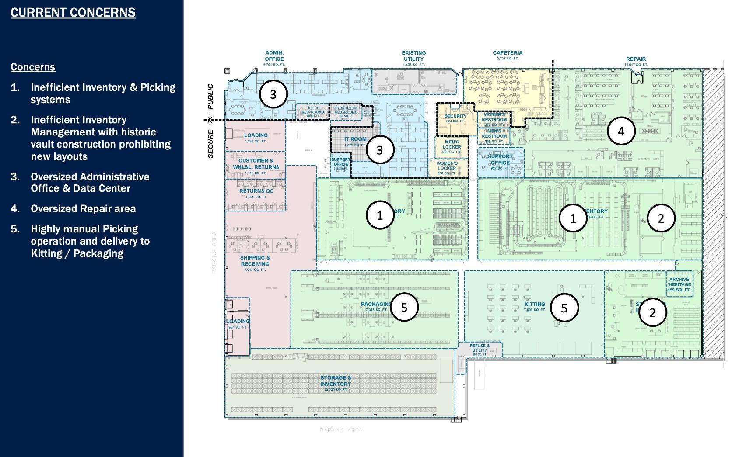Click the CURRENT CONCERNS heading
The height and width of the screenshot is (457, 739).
pos(73,13)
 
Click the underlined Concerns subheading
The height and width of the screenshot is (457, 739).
pos(33,67)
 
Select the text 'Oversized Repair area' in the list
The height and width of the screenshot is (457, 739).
pos(83,209)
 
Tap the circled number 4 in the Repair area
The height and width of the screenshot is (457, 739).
pos(621,131)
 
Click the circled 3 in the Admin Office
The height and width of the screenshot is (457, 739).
pos(273,94)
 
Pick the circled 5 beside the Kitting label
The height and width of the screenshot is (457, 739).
pos(564,308)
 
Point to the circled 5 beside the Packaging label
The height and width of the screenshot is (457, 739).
pos(404,308)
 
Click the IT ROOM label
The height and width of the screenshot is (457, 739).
pos(355,139)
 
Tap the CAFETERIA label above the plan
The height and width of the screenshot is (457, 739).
pos(508,53)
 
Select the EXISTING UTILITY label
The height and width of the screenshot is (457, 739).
pos(413,56)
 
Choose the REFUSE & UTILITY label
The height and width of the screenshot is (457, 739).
pos(480,348)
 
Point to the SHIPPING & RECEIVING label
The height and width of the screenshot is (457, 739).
pos(255,261)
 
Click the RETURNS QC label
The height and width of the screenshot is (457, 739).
pos(256,191)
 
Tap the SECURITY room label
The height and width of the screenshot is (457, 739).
pos(455,116)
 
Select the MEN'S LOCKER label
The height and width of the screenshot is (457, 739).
pos(452,145)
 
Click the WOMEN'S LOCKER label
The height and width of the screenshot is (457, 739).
pos(447,166)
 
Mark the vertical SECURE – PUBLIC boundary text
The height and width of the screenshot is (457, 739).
pos(210,121)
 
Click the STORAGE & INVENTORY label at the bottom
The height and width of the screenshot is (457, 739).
pos(336,381)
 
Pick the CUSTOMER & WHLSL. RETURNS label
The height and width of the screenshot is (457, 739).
pos(256,164)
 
